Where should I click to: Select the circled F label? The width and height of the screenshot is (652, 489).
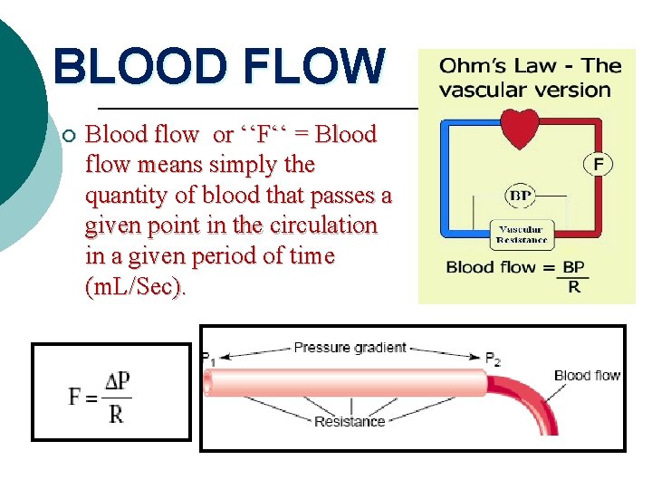[599, 164]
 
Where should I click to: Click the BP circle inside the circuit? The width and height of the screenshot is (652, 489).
[520, 195]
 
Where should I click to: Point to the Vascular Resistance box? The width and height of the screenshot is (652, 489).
[522, 235]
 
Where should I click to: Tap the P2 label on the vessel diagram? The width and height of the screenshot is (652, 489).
[493, 359]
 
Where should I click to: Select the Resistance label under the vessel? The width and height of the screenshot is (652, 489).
[350, 420]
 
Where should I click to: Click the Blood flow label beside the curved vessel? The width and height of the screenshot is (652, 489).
[587, 375]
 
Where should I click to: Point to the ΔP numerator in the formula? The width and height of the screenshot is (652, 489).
[117, 381]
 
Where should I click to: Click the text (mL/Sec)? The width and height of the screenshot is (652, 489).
[135, 287]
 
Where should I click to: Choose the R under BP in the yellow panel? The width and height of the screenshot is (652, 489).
[573, 286]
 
